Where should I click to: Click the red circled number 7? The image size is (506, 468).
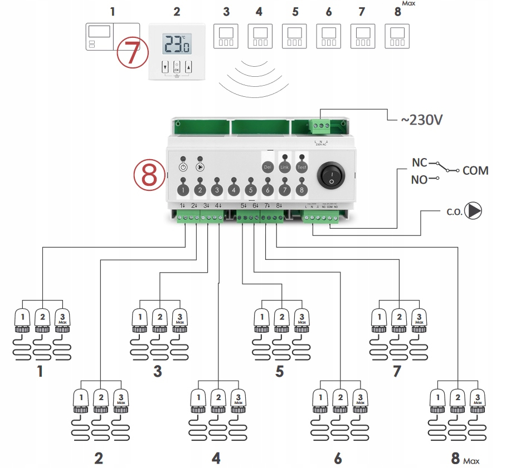click(132, 54)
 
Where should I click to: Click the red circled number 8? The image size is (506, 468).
click(149, 174)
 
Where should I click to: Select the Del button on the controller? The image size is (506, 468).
click(267, 167)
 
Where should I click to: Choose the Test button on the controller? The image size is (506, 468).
click(301, 167)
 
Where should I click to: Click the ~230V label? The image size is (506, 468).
click(422, 119)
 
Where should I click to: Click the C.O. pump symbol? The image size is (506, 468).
click(474, 211)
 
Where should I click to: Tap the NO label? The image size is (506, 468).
click(419, 180)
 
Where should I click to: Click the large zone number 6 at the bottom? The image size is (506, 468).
click(338, 459)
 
